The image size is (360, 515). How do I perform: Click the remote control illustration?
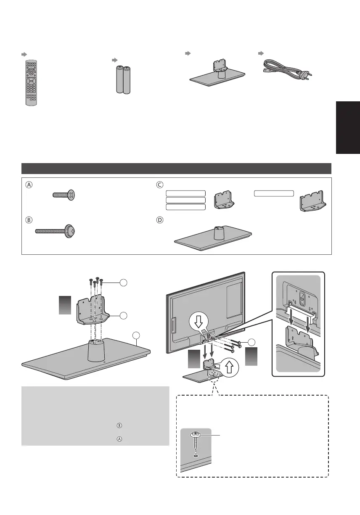pyautogui.click(x=31, y=82)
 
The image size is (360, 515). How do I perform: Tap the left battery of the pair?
pyautogui.click(x=119, y=79)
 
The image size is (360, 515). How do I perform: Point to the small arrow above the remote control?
pyautogui.click(x=24, y=55)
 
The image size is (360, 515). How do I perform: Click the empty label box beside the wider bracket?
pyautogui.click(x=274, y=193)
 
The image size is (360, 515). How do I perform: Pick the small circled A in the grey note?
pyautogui.click(x=119, y=438)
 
